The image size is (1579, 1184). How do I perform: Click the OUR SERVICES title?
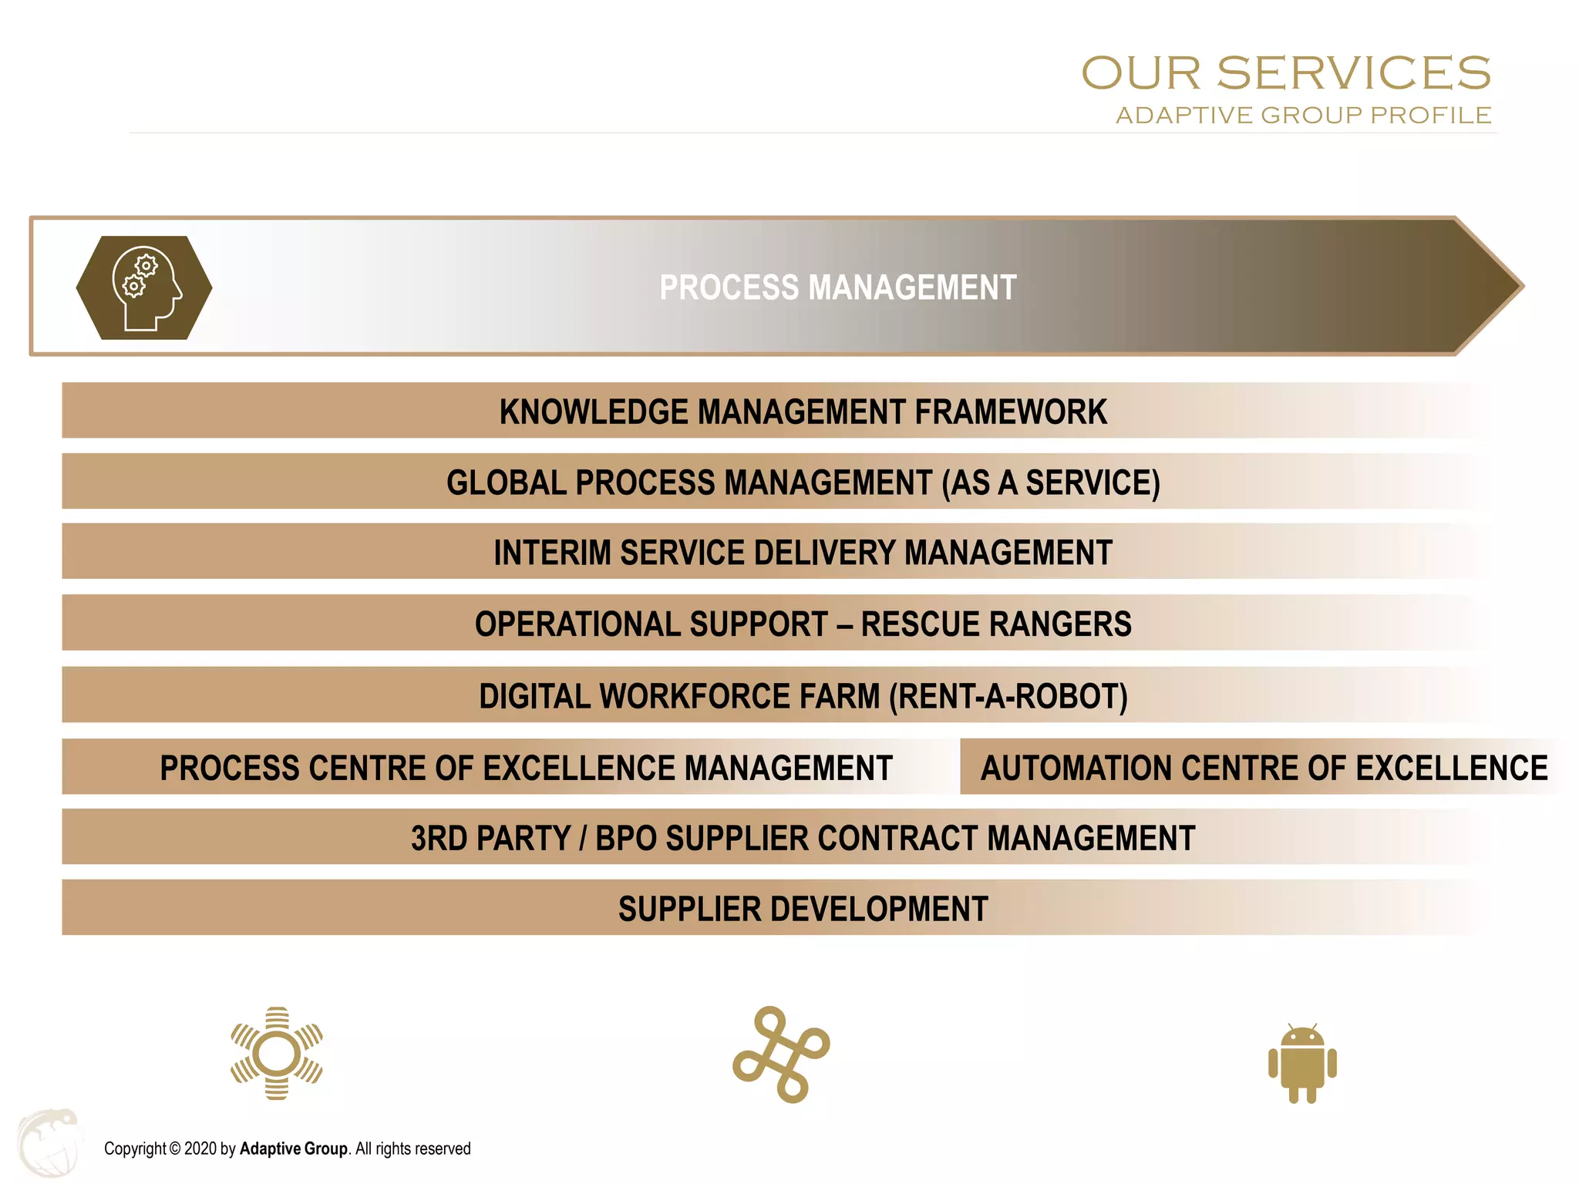click(x=1285, y=73)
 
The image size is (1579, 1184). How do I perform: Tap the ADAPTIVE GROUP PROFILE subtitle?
click(x=1303, y=116)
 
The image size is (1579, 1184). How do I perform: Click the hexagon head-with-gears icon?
click(x=144, y=288)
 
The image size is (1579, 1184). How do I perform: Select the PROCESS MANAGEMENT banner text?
click(x=838, y=288)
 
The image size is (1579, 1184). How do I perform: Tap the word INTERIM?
click(x=552, y=553)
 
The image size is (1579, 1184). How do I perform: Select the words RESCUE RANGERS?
click(x=996, y=624)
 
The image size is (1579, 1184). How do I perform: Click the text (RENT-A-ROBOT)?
click(x=1008, y=696)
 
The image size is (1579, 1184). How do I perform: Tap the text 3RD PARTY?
click(x=490, y=839)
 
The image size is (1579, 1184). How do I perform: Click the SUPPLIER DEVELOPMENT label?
click(x=803, y=910)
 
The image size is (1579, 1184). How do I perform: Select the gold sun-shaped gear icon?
click(x=277, y=1053)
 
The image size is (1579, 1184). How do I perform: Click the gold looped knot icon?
click(x=781, y=1054)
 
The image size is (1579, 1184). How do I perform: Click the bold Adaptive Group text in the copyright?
click(x=293, y=1149)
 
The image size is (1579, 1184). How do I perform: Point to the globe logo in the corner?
click(x=48, y=1142)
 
